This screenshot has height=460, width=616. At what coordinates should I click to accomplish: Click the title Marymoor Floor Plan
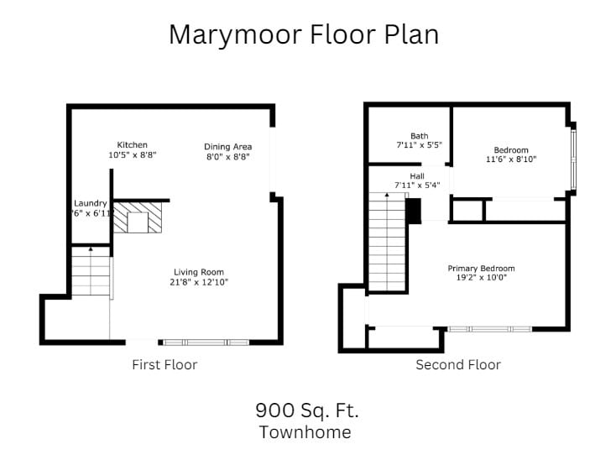304,34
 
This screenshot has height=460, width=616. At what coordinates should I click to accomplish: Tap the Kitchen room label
133,145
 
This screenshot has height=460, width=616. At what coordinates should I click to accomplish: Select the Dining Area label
228,147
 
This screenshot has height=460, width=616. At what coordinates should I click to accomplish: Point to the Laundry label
90,203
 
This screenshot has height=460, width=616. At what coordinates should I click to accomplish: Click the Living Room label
199,272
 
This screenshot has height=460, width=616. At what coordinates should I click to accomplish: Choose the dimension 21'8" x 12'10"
199,282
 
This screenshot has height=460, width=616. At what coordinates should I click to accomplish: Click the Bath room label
419,136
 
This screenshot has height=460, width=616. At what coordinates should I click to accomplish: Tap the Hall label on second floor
417,176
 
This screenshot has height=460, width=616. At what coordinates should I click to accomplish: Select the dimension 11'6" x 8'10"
511,159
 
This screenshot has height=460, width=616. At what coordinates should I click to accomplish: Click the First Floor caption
164,364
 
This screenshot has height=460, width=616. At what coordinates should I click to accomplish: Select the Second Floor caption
458,364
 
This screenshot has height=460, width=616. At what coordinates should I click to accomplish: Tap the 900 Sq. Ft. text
306,410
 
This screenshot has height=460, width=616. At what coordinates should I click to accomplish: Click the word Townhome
305,432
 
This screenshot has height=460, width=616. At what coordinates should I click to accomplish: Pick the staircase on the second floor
387,242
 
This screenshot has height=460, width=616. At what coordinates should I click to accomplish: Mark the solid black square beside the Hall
413,211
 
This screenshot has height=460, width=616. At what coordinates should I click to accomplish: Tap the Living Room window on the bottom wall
206,342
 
